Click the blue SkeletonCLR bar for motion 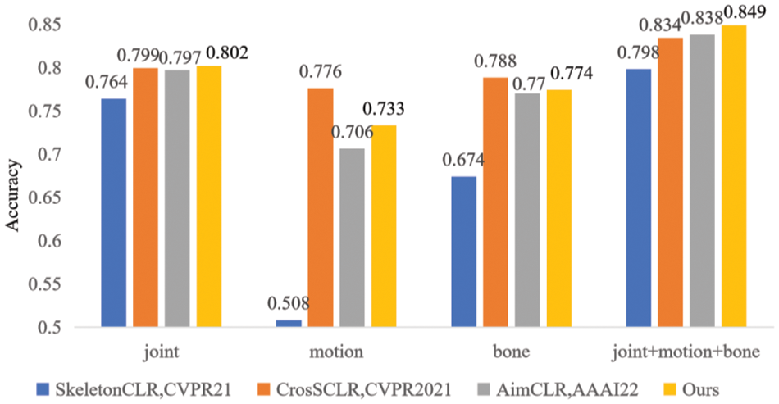click(x=288, y=324)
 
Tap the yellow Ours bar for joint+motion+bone click(x=733, y=176)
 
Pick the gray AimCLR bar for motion click(x=353, y=238)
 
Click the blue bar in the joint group click(x=113, y=213)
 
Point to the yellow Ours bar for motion click(x=384, y=226)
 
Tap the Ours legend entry click(x=701, y=389)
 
